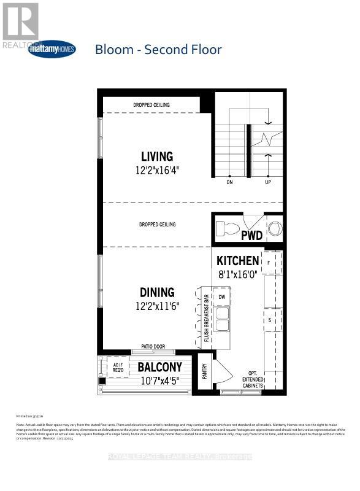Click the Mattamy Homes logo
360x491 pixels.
pos(52,48)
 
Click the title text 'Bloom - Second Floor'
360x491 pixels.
pos(158,49)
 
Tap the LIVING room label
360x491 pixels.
pos(157,156)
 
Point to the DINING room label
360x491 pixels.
pos(157,293)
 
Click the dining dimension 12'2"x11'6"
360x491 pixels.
pos(157,306)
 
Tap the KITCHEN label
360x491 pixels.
pos(237,261)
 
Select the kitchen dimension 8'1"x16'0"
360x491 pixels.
pos(237,275)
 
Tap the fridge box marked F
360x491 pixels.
pos(270,262)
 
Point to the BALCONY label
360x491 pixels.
pos(159,367)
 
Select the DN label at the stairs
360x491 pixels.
pos(229,182)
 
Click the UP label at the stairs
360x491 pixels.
pos(267,182)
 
